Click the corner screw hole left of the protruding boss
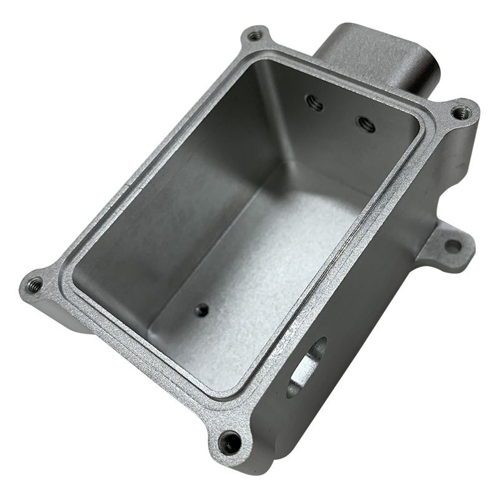click(x=255, y=36)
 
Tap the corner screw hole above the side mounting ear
click(x=461, y=113)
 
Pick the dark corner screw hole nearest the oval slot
click(x=231, y=442)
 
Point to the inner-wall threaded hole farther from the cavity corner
click(x=366, y=124)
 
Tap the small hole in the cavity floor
click(x=201, y=309)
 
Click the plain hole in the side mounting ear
click(x=453, y=246)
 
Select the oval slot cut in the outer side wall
click(x=307, y=368)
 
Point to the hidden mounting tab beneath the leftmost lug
click(x=62, y=318)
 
